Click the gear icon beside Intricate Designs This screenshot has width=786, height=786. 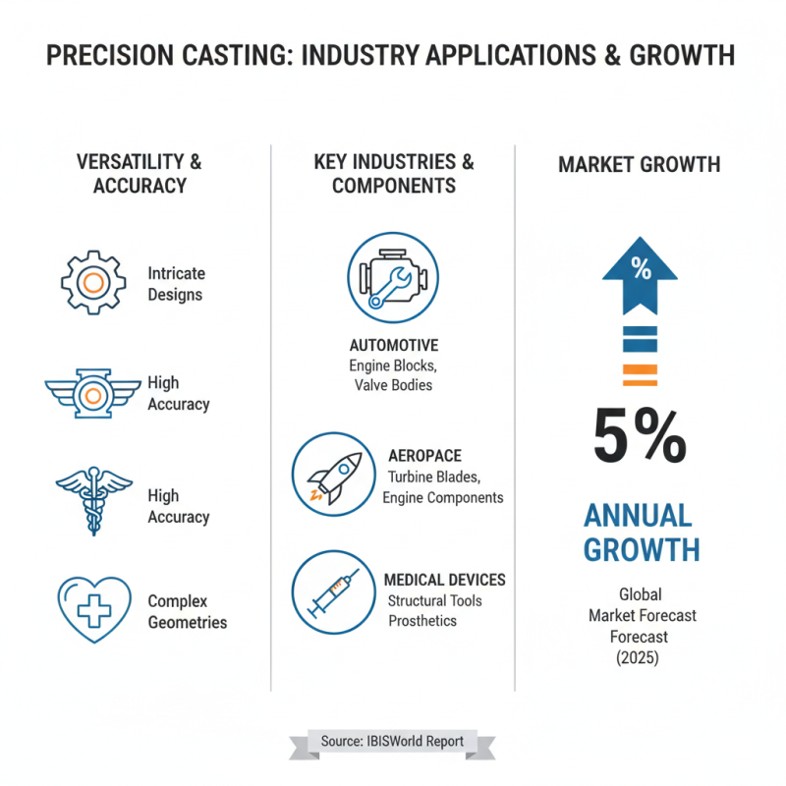point(93,283)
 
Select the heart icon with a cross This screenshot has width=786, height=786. point(93,609)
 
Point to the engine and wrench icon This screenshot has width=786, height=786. point(393,277)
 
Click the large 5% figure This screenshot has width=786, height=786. point(641,437)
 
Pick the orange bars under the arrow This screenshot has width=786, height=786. point(641,374)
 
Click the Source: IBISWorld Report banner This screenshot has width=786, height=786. point(392,741)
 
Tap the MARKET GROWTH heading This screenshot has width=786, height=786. point(640,165)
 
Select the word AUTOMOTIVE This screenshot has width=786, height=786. point(394,346)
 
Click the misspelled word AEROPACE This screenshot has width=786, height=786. point(424,456)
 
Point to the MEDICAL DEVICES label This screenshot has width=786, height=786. point(445,580)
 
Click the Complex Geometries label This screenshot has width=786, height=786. point(187,611)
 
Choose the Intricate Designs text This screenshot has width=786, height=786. point(176,284)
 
